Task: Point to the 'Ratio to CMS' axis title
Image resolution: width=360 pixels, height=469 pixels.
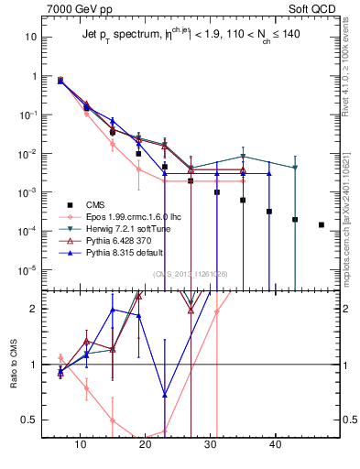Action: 13,381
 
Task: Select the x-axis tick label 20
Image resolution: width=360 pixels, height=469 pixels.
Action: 145,442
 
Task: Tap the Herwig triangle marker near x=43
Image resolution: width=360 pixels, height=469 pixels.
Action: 295,168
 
